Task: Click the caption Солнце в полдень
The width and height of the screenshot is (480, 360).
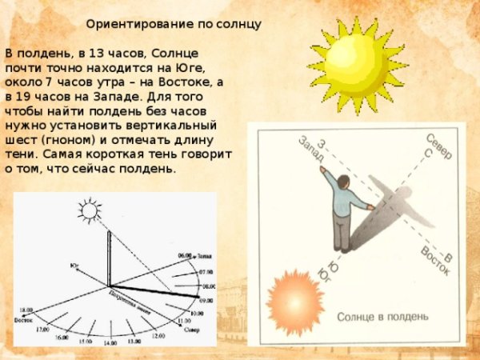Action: [377, 317]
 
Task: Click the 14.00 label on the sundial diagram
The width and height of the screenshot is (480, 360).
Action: [111, 342]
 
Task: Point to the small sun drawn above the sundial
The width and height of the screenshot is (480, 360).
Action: [91, 210]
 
